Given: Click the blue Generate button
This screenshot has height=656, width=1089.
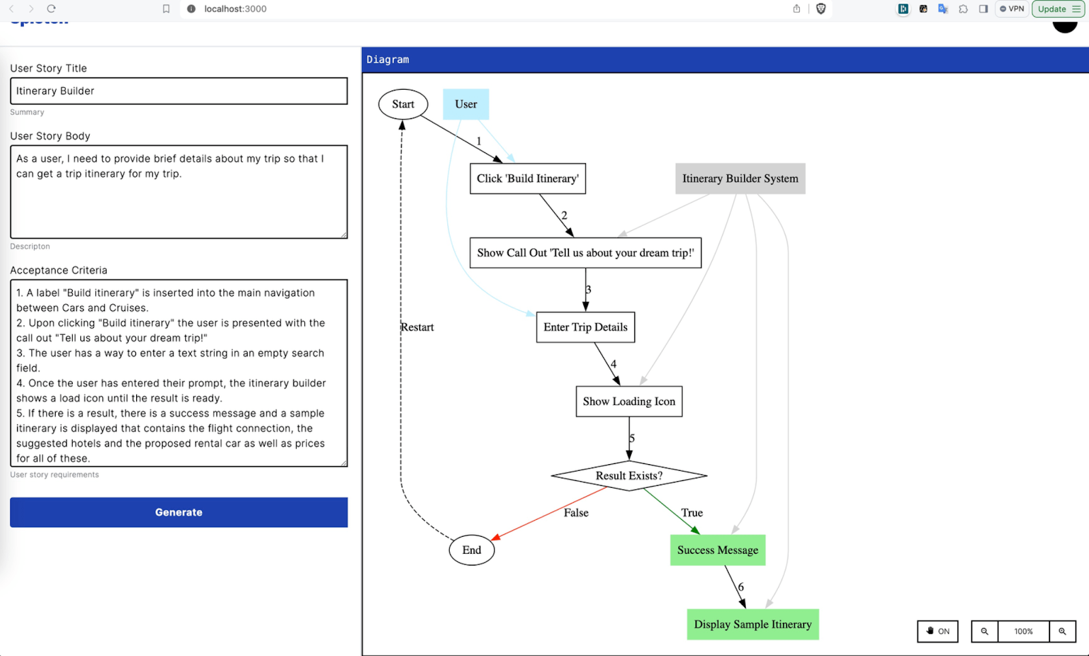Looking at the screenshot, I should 178,512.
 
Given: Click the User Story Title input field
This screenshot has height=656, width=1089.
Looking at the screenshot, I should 178,91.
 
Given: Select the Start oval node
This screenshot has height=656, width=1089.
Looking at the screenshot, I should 403,104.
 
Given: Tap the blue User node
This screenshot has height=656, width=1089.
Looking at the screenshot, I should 466,104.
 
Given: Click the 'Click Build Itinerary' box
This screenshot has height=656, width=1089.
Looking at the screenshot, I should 527,178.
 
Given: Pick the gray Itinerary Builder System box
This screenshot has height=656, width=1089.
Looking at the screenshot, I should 740,178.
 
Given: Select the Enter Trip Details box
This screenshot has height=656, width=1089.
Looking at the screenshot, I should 585,327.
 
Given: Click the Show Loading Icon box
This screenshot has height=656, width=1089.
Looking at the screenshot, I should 629,401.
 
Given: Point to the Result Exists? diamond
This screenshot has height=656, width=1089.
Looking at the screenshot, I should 629,476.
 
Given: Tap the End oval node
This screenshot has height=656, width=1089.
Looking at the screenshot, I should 472,550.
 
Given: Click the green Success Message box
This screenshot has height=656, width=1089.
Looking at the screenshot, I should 717,550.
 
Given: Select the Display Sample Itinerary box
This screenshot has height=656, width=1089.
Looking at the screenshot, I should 753,624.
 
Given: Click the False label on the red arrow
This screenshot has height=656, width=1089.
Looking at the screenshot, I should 576,512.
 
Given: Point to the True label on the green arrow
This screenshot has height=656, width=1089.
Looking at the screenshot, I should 692,512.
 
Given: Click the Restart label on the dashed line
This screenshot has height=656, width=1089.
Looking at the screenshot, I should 417,327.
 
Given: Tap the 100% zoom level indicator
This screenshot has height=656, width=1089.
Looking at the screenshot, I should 1023,632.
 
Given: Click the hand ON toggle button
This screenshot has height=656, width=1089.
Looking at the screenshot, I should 937,632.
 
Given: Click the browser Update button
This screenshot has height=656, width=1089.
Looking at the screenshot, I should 1057,9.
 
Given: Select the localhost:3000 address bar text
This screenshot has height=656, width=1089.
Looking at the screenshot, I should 235,9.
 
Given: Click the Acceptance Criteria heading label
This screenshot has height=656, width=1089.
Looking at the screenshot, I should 59,270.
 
